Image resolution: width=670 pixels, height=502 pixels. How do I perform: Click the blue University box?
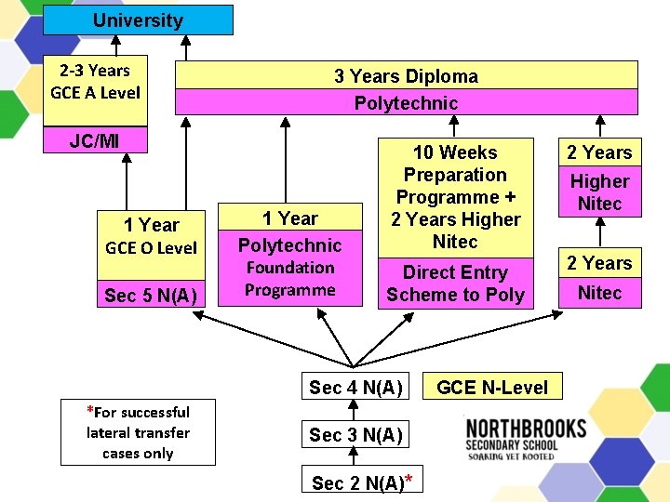click(x=138, y=20)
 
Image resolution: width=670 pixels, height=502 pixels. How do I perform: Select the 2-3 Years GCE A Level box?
click(x=96, y=82)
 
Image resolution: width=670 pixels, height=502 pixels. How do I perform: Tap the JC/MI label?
click(x=96, y=140)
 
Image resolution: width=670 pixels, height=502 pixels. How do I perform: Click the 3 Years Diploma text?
click(x=406, y=76)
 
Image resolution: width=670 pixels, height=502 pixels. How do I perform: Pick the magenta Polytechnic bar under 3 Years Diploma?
click(x=406, y=103)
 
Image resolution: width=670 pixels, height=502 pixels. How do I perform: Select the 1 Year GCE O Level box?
click(x=151, y=236)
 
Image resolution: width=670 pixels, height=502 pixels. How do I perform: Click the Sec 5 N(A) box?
click(x=151, y=296)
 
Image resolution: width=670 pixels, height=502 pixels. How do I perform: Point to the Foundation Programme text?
click(x=289, y=279)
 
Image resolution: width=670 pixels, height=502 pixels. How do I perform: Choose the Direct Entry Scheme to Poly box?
click(x=455, y=284)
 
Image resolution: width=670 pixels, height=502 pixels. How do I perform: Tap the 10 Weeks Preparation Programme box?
click(x=455, y=197)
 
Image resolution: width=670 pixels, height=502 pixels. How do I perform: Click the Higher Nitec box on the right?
click(x=599, y=192)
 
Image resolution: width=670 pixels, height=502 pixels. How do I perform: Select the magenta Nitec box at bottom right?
click(x=599, y=293)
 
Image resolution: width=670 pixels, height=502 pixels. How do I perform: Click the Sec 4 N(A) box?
click(x=355, y=388)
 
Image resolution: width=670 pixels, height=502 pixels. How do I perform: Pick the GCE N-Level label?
click(x=492, y=388)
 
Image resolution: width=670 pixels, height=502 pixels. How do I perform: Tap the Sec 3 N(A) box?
click(x=355, y=435)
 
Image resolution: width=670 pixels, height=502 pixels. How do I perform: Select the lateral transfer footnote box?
click(x=138, y=432)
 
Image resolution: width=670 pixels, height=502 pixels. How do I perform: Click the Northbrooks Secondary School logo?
click(x=525, y=439)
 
